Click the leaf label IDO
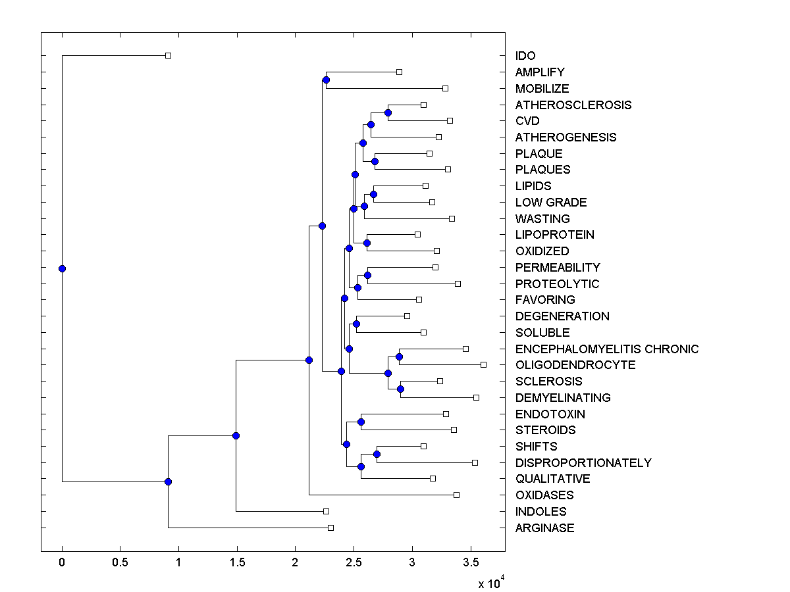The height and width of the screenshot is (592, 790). coord(525,56)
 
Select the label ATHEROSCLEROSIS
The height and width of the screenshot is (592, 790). coord(573,105)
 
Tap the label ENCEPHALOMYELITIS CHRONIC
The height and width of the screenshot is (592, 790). coord(606,349)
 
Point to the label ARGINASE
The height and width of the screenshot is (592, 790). coord(544,528)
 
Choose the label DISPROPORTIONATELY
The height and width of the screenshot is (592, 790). coord(583,462)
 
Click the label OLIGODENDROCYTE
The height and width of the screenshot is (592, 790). coord(575,365)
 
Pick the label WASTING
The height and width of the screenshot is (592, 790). coord(542,218)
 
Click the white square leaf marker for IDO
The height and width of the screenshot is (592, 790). coord(168,55)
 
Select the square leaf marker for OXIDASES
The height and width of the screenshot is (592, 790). coord(456,495)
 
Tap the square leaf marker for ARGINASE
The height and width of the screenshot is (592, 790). coord(330,528)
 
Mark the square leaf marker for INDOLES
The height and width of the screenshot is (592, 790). coord(326,511)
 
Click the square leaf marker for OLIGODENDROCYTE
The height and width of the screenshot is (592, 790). coord(483,364)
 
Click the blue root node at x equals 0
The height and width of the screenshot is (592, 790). coord(62,268)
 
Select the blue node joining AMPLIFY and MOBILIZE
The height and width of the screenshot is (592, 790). coord(326,80)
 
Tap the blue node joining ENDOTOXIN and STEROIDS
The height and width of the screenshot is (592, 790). coord(361,422)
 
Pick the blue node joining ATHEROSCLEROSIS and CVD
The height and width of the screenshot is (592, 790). coord(388,112)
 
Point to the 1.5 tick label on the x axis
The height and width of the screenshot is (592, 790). coord(236,562)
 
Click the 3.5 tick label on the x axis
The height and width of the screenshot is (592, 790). coord(470,562)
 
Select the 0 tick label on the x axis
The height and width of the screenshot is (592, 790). coord(62,562)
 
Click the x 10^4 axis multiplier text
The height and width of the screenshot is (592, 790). coord(491,583)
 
